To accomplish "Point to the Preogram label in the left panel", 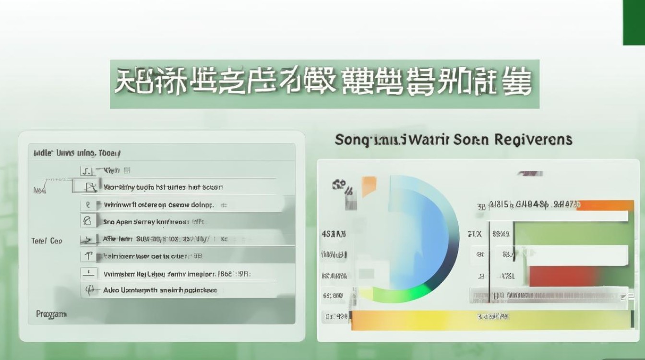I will click(51, 314).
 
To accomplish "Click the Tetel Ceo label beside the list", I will click(47, 240).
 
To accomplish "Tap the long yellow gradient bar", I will click(490, 319).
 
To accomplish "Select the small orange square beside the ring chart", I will click(369, 186).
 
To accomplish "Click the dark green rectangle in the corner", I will click(633, 23).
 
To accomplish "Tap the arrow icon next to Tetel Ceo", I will click(88, 239).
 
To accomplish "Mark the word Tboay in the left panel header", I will click(109, 154).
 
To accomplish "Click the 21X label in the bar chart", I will click(474, 234).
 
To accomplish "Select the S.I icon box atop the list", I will click(87, 170).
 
